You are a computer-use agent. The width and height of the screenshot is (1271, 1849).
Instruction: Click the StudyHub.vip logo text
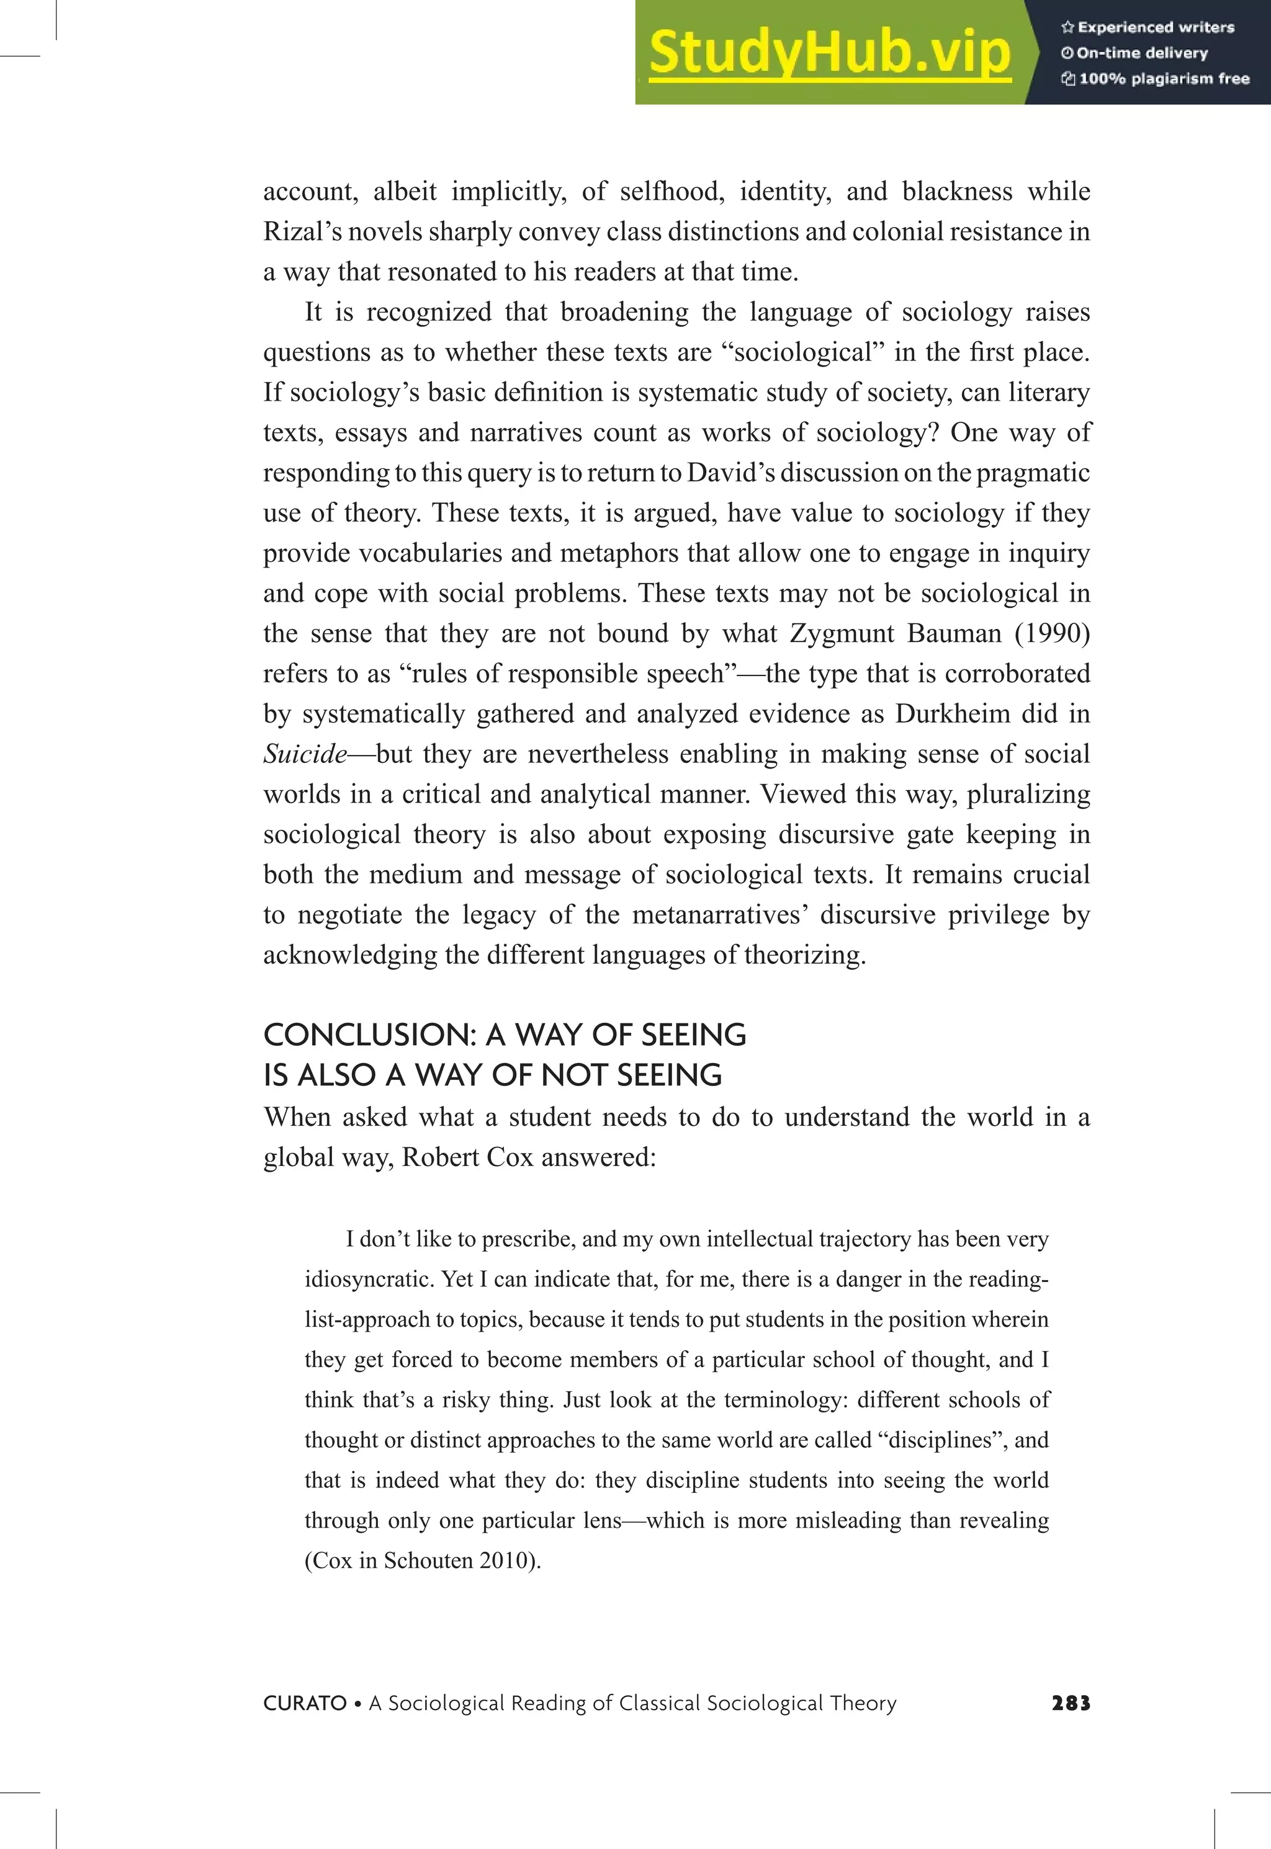(x=830, y=53)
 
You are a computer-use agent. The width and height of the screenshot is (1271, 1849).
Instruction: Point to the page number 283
(x=1071, y=1703)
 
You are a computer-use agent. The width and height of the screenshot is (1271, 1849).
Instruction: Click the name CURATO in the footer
(x=304, y=1703)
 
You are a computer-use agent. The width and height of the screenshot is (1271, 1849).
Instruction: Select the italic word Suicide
(x=305, y=754)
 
